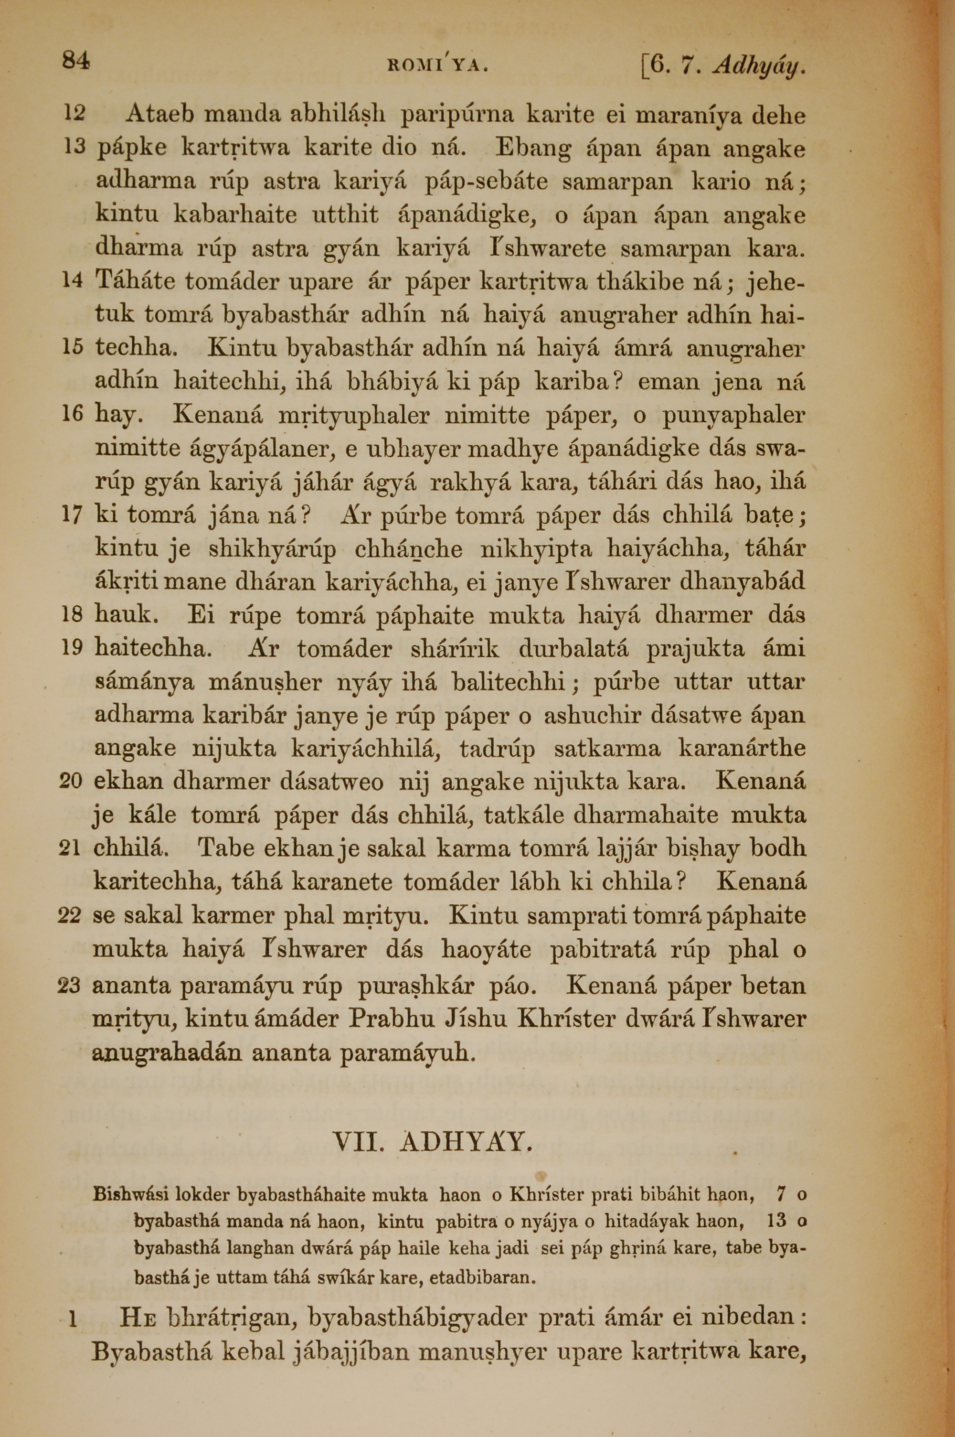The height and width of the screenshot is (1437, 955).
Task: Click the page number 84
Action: pyautogui.click(x=75, y=61)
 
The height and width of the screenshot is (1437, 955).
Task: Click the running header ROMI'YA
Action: pyautogui.click(x=437, y=64)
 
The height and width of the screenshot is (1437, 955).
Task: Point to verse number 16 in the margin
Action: pyautogui.click(x=72, y=414)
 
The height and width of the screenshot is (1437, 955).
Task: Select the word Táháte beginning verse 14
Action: pyautogui.click(x=135, y=281)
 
